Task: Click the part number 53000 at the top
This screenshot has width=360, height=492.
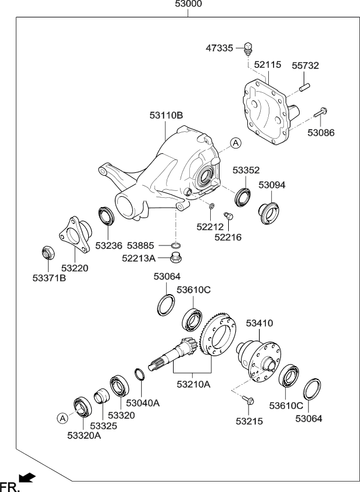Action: (189, 4)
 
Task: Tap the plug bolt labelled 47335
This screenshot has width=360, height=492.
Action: (249, 48)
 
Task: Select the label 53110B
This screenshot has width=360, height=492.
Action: (166, 115)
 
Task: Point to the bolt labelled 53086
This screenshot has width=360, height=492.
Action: (321, 113)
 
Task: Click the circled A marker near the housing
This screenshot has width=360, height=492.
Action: (236, 143)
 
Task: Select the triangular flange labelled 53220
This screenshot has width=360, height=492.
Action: (75, 234)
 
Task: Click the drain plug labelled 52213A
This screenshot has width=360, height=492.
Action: (177, 258)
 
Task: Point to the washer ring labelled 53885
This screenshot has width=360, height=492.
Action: (177, 245)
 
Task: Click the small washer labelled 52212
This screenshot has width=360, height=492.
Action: (212, 206)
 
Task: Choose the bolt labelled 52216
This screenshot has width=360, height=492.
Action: (228, 216)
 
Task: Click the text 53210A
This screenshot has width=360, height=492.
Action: (193, 384)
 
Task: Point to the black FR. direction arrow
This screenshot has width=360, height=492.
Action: (27, 477)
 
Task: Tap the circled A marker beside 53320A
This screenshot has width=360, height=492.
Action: (63, 418)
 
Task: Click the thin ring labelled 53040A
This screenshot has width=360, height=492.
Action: (139, 374)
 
